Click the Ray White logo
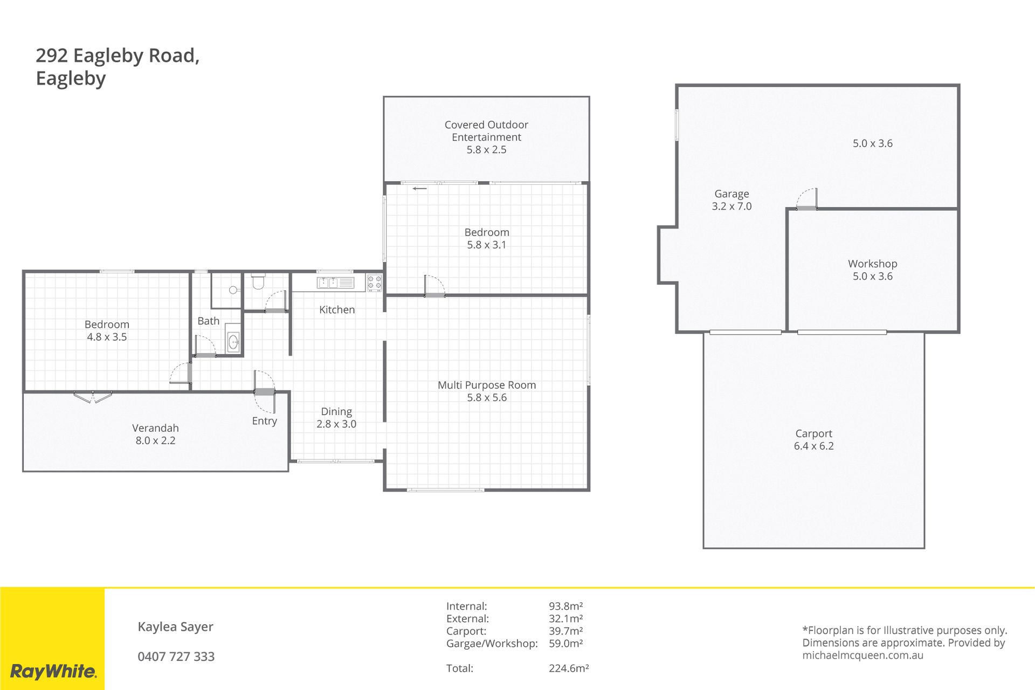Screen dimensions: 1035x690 [x=53, y=671]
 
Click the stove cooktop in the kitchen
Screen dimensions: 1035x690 [x=375, y=282]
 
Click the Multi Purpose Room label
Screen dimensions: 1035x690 [x=487, y=385]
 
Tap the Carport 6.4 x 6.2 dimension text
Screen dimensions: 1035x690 [x=813, y=446]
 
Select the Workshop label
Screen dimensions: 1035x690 [x=872, y=264]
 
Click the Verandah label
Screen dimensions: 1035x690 [x=155, y=428]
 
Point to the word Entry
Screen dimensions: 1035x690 [x=264, y=421]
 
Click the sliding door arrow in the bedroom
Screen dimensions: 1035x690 [x=420, y=189]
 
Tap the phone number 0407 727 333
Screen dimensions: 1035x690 [x=176, y=657]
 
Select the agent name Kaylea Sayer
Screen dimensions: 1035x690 [x=176, y=627]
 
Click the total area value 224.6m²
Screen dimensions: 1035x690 [x=569, y=668]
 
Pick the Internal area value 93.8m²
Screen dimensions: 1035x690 [x=566, y=606]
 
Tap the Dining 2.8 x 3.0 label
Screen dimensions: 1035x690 [x=336, y=418]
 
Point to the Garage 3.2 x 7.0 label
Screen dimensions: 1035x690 [x=732, y=200]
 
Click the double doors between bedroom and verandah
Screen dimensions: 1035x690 [x=93, y=397]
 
